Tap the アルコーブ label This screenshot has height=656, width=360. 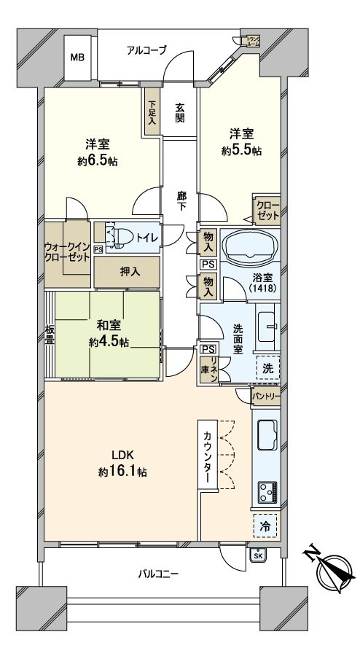(x=146, y=50)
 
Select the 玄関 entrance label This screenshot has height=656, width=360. (x=180, y=111)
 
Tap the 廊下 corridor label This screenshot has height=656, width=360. (x=181, y=200)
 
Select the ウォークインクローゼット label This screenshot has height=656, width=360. (x=68, y=252)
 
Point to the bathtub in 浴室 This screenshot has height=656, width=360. (x=250, y=247)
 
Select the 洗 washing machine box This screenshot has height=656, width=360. (x=267, y=369)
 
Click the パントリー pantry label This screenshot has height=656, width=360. (x=266, y=397)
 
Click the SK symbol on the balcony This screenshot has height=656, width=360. (x=258, y=555)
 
